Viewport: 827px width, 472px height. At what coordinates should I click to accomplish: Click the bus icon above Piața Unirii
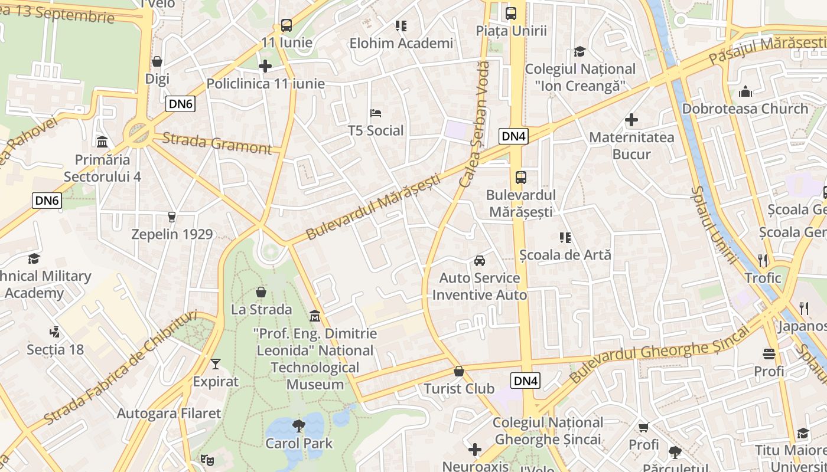point(511,13)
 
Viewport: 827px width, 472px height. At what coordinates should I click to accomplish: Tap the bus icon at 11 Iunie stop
point(286,25)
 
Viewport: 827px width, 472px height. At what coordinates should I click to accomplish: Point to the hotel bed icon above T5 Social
point(376,113)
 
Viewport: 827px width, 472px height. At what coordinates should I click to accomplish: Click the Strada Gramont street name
point(216,143)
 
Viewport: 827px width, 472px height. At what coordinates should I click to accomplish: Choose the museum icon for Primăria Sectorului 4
point(102,142)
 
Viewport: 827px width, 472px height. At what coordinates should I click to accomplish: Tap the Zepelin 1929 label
point(172,234)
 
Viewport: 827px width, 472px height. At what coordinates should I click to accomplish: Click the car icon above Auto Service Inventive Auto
point(480,260)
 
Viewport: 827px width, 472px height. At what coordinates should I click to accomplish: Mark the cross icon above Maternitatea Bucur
point(631,120)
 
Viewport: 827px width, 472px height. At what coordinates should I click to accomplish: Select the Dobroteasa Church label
point(745,109)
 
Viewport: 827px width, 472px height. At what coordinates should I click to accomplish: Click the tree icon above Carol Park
point(299,425)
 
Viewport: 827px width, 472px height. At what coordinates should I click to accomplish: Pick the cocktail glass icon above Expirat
point(216,363)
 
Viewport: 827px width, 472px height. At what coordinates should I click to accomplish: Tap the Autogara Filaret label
point(168,414)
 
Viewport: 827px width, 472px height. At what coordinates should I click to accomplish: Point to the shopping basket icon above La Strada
point(261,292)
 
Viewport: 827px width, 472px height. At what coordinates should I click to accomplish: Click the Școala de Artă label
point(565,255)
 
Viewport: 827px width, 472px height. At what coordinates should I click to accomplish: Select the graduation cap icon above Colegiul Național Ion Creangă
point(579,51)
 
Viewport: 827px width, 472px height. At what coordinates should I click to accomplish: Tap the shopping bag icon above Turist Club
point(459,371)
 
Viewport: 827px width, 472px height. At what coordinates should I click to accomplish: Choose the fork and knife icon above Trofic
point(763,260)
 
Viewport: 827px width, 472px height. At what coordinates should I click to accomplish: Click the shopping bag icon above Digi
point(157,61)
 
